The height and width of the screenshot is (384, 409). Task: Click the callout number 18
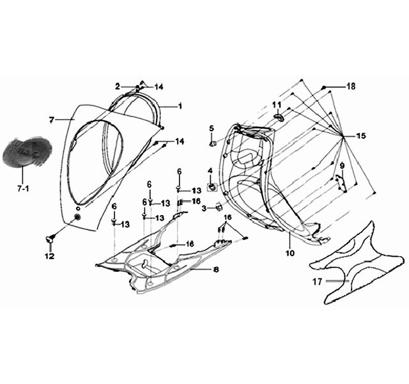[x=351, y=86]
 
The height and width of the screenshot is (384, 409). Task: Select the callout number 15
[x=361, y=136]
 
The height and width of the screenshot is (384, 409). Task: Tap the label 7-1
[x=23, y=189]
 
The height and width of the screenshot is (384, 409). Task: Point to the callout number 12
[x=50, y=256]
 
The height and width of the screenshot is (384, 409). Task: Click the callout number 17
[x=318, y=282]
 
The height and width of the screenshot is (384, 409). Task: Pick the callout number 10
[x=290, y=253]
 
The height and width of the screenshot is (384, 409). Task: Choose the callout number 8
[x=216, y=269]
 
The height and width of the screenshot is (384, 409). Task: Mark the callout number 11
[x=277, y=105]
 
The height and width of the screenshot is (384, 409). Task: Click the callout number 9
[x=343, y=166]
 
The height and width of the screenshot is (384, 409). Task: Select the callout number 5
[x=212, y=128]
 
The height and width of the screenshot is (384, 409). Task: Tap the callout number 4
[x=210, y=171]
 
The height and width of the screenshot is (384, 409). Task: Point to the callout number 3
[x=204, y=208]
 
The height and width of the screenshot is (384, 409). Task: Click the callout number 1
[x=180, y=106]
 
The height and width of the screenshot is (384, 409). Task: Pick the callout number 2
[x=118, y=86]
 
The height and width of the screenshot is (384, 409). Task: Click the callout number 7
[x=52, y=120]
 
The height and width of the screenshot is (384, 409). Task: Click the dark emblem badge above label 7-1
[x=27, y=152]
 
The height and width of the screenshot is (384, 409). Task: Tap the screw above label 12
[x=50, y=239]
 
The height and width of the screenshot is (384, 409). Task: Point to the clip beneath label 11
[x=279, y=116]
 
